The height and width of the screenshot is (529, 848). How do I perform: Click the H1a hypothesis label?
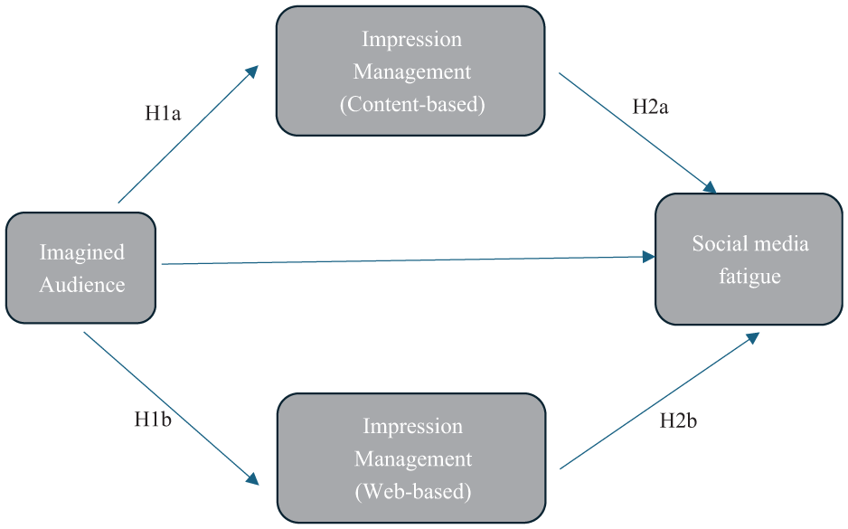point(163,113)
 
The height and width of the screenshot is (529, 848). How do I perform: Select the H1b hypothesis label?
point(153,420)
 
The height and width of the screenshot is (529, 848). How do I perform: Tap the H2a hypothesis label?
point(650,107)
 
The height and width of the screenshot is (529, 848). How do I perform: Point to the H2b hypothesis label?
point(678,420)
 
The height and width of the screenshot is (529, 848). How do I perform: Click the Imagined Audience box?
point(81,268)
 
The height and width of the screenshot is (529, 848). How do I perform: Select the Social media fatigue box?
point(749,260)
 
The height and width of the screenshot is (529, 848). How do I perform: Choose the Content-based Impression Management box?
point(410,71)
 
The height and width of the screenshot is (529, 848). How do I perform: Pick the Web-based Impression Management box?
point(411,458)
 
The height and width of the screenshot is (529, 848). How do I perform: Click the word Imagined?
point(82,252)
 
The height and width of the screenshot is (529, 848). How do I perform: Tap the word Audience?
point(82,285)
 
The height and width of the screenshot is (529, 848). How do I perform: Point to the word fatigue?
point(750,277)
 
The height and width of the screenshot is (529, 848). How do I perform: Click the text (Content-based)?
point(412,104)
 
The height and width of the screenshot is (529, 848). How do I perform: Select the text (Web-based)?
point(413,492)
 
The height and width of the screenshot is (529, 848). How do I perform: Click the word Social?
point(720,244)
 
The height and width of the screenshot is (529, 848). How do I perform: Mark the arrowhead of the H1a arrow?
point(253,71)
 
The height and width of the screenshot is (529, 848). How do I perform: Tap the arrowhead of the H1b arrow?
point(253,478)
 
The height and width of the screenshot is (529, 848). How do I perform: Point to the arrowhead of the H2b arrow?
point(753,338)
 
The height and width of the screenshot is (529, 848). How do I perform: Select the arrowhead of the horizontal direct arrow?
point(648,257)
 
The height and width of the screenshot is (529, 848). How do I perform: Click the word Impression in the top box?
point(411,40)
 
